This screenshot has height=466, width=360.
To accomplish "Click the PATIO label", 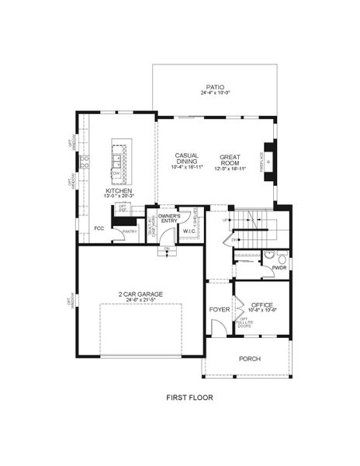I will pos(214,87).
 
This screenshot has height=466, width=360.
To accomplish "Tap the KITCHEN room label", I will pos(119,191).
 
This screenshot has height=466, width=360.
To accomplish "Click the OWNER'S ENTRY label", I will pos(169,218).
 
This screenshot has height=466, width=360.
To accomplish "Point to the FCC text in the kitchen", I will pos(99,228).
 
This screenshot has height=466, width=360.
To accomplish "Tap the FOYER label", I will pos(219,310).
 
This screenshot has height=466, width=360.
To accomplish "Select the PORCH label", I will pos(249,359).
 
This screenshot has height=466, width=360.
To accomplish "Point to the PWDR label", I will pos(279,268).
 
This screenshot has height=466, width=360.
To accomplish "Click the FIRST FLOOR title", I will pos(189,398).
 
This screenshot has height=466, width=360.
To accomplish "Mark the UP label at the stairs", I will pos(226,221).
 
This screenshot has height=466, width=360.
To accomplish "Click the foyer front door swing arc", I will pos(220,329).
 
